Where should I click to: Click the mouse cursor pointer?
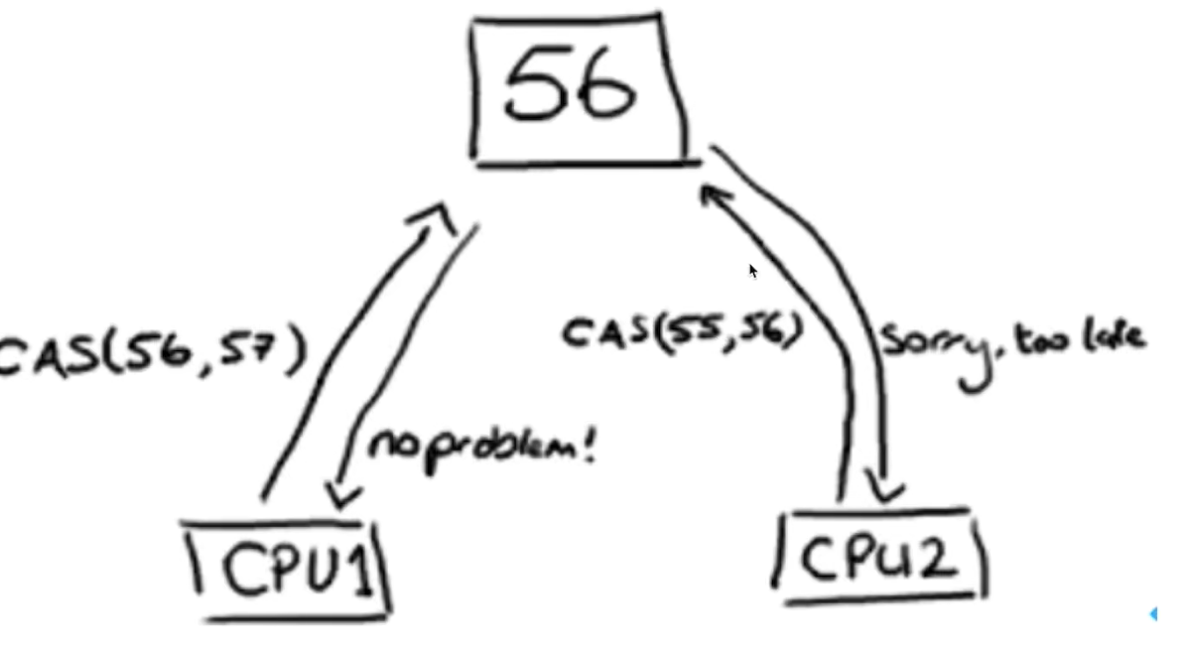pos(753,271)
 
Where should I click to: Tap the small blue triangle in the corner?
pos(1153,614)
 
